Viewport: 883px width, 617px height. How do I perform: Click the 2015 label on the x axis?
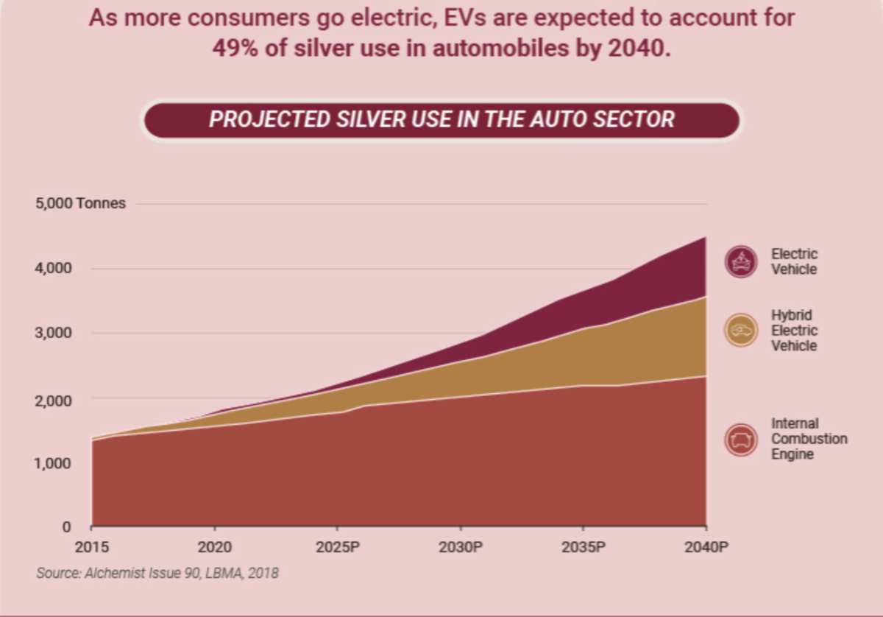point(91,548)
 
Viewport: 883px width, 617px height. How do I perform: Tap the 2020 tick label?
point(214,548)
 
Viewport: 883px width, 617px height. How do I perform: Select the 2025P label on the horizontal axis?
point(337,548)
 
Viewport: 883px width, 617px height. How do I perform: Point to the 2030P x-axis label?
point(461,548)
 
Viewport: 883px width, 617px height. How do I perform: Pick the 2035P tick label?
point(584,548)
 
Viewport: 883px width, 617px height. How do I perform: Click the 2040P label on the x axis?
point(706,548)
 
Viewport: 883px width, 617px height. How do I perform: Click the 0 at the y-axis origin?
point(65,527)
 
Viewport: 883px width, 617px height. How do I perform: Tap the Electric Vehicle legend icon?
point(740,261)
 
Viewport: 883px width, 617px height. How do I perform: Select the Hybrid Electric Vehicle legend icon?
point(740,330)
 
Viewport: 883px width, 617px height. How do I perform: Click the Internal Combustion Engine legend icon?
point(740,440)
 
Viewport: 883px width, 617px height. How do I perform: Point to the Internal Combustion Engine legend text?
point(809,439)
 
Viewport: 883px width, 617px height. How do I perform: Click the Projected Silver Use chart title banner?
point(441,120)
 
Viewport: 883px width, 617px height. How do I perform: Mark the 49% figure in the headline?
point(234,49)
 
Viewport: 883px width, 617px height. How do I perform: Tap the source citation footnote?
point(157,572)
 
